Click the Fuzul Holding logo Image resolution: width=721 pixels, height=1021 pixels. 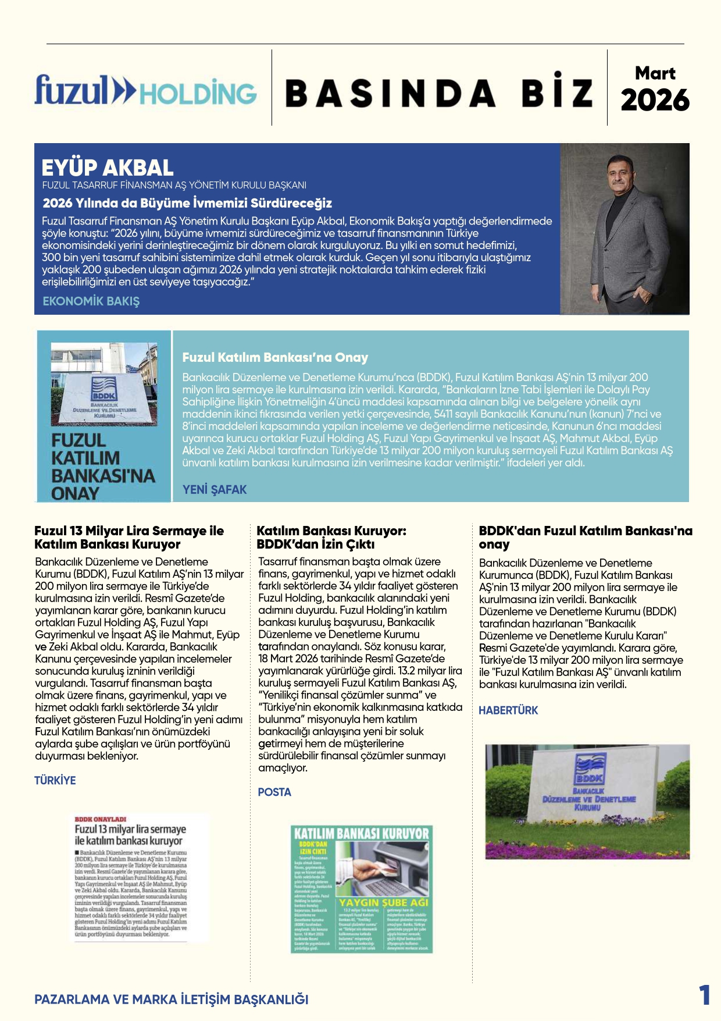click(145, 91)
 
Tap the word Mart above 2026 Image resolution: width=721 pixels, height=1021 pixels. click(655, 73)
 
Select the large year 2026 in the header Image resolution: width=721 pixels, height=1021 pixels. click(655, 100)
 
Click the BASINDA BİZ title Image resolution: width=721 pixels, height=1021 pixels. click(439, 93)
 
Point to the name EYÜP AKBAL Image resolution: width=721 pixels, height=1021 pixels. click(108, 168)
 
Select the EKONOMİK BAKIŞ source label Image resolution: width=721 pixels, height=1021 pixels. click(91, 301)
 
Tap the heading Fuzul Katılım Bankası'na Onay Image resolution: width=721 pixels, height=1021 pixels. click(275, 357)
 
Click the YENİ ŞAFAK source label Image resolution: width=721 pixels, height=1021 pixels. click(215, 490)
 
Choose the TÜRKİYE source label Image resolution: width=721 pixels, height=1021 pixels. click(55, 780)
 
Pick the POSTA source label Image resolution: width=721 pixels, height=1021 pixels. click(274, 792)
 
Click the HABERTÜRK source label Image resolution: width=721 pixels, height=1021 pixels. click(508, 710)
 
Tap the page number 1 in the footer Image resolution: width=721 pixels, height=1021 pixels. click(704, 995)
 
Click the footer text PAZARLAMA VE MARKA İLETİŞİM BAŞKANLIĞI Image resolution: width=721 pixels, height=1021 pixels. click(172, 999)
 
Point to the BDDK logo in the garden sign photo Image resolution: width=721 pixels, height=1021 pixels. click(588, 769)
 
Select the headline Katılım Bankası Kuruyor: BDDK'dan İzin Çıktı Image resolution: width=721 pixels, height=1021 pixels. click(331, 538)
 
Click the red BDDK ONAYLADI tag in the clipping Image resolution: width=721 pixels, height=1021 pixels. click(101, 819)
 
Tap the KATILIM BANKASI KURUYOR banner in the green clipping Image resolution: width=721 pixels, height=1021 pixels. click(361, 833)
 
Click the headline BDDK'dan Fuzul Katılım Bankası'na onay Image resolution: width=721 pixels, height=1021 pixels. click(585, 538)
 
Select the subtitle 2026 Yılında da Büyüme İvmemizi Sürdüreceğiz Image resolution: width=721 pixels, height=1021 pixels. click(187, 203)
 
